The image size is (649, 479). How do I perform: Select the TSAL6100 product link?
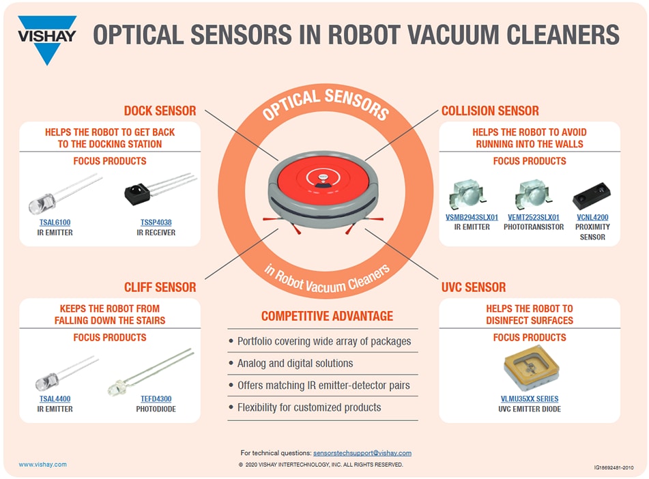[55, 222]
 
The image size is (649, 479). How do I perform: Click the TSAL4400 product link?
[55, 399]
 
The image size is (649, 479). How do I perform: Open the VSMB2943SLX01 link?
[472, 218]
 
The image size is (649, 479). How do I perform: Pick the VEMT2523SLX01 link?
[534, 218]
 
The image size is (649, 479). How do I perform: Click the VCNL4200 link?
[592, 218]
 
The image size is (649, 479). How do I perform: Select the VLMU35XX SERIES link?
[530, 399]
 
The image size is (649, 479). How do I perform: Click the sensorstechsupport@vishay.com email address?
[362, 453]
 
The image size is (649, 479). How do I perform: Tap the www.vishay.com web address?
[43, 465]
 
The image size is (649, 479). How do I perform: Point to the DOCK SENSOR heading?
[160, 111]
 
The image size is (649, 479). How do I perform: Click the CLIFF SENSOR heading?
[160, 287]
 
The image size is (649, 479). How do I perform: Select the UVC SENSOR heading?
[474, 287]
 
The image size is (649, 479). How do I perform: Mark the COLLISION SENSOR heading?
[490, 111]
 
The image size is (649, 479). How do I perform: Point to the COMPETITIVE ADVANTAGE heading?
[327, 316]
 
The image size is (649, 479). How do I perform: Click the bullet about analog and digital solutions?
[295, 363]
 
